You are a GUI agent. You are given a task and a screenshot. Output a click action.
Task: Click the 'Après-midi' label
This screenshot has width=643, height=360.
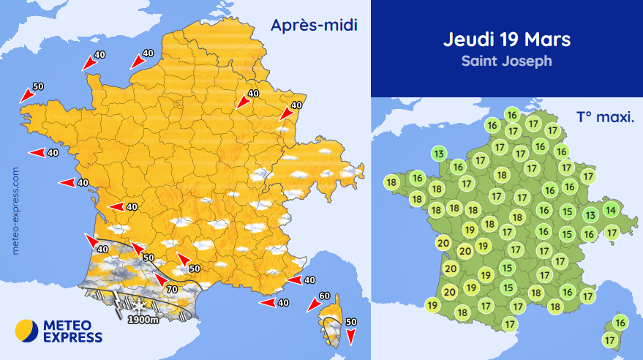[x=314, y=26]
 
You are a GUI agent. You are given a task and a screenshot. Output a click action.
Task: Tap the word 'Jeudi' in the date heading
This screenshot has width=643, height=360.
[x=467, y=39]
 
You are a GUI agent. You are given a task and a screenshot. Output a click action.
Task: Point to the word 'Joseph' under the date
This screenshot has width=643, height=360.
[x=527, y=61]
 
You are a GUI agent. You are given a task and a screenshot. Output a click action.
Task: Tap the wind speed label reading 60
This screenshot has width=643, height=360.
[x=325, y=296]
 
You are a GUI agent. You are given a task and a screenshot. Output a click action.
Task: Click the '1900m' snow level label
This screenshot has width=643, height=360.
[x=143, y=319]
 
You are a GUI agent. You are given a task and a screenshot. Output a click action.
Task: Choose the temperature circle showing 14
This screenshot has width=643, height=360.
[x=611, y=211]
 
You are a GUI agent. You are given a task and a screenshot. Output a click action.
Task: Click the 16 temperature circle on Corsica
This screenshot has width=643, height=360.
[x=620, y=322]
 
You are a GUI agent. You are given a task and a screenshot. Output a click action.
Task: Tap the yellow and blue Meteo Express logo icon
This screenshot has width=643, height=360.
[x=27, y=331]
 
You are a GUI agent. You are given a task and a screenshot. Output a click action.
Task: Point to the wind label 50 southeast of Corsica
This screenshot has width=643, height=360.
[x=351, y=321]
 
